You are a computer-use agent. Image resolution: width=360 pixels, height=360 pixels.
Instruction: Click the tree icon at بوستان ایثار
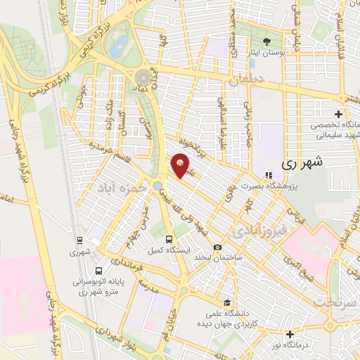[266, 41]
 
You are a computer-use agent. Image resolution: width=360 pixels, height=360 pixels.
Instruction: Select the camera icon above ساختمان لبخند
[217, 247]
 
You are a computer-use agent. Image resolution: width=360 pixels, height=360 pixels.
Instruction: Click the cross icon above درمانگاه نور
[290, 334]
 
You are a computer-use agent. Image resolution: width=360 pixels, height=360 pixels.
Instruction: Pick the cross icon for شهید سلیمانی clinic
[338, 114]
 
